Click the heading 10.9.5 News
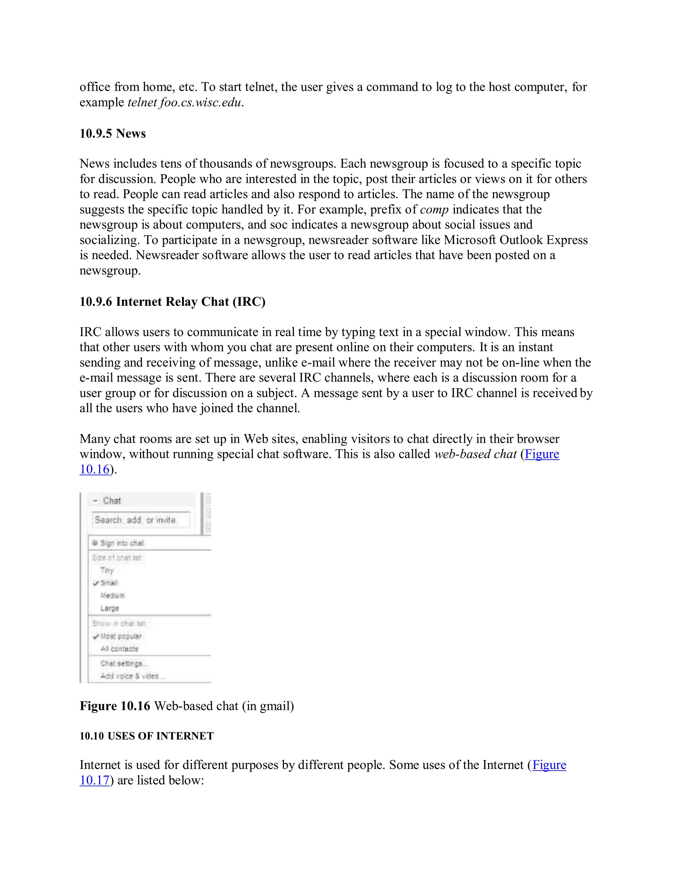click(113, 133)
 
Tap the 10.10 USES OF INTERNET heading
click(147, 736)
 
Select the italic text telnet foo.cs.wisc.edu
click(185, 103)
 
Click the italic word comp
click(434, 210)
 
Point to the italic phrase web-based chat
click(475, 454)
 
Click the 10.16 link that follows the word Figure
click(94, 469)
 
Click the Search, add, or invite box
click(140, 520)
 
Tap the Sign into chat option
click(122, 543)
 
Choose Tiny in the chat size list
click(107, 570)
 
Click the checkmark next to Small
click(96, 583)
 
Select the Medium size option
click(113, 596)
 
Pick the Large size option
click(110, 608)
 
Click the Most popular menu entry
click(121, 636)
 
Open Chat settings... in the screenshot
click(124, 663)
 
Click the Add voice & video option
click(130, 676)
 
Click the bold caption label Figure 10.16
click(115, 706)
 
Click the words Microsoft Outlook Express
click(515, 240)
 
